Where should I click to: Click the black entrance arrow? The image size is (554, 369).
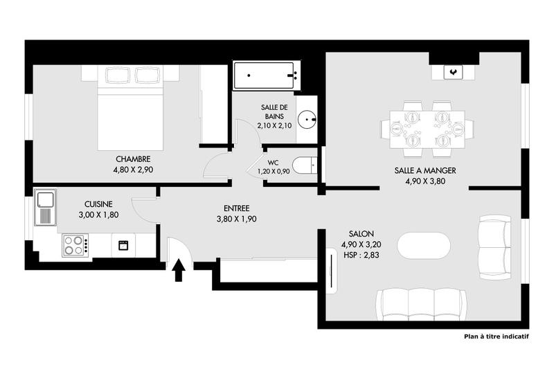pyautogui.click(x=178, y=269)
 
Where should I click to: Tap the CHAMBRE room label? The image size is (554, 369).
pyautogui.click(x=133, y=159)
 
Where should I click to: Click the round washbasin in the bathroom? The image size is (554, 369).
pyautogui.click(x=308, y=118)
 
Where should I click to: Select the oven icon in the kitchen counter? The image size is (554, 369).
pyautogui.click(x=123, y=244)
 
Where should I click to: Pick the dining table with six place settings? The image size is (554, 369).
pyautogui.click(x=427, y=128)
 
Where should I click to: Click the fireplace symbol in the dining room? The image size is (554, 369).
pyautogui.click(x=453, y=71)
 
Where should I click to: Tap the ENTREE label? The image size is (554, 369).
pyautogui.click(x=237, y=208)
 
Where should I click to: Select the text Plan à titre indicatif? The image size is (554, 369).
pyautogui.click(x=496, y=337)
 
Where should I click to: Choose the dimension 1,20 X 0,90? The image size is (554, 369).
pyautogui.click(x=274, y=172)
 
